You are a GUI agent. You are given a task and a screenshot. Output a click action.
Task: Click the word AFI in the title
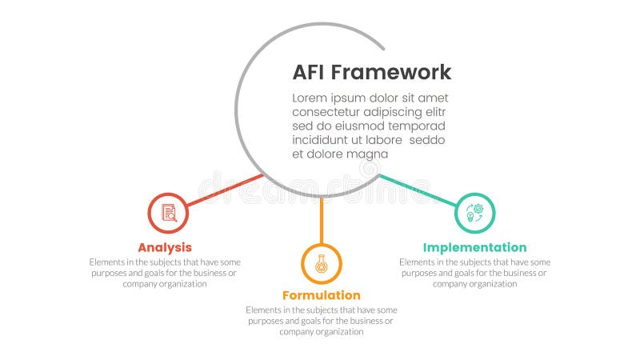click(308, 73)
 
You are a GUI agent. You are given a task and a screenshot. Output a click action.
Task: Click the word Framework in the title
click(391, 73)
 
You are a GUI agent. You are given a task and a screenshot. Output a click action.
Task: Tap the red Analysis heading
click(165, 247)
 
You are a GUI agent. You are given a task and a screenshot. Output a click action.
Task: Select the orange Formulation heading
click(322, 295)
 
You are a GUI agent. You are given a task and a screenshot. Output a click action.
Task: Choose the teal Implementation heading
click(475, 247)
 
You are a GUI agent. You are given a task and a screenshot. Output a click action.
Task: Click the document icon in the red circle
click(168, 213)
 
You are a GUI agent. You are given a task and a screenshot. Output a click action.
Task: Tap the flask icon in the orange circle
click(322, 264)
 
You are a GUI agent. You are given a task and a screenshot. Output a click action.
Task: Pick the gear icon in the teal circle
click(475, 213)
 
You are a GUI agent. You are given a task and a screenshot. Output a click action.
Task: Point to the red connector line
click(225, 190)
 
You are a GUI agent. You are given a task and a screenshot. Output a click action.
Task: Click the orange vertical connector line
click(322, 220)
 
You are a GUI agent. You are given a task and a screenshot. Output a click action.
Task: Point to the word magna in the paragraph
click(370, 154)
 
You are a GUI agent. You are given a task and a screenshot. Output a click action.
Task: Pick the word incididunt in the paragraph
click(322, 140)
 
